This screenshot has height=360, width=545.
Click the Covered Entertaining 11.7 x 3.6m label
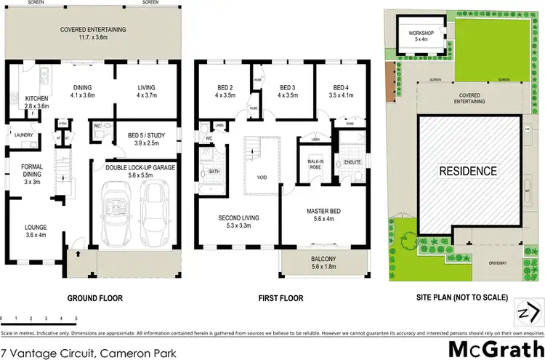click(x=93, y=33)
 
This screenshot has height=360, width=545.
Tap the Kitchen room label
click(x=36, y=103)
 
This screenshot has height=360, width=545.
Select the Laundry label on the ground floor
click(x=22, y=133)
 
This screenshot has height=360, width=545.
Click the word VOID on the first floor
click(x=261, y=176)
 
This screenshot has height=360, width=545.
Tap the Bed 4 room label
click(x=342, y=89)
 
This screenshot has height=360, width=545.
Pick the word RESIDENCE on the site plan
click(x=468, y=172)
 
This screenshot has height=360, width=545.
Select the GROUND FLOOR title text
click(x=94, y=298)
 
